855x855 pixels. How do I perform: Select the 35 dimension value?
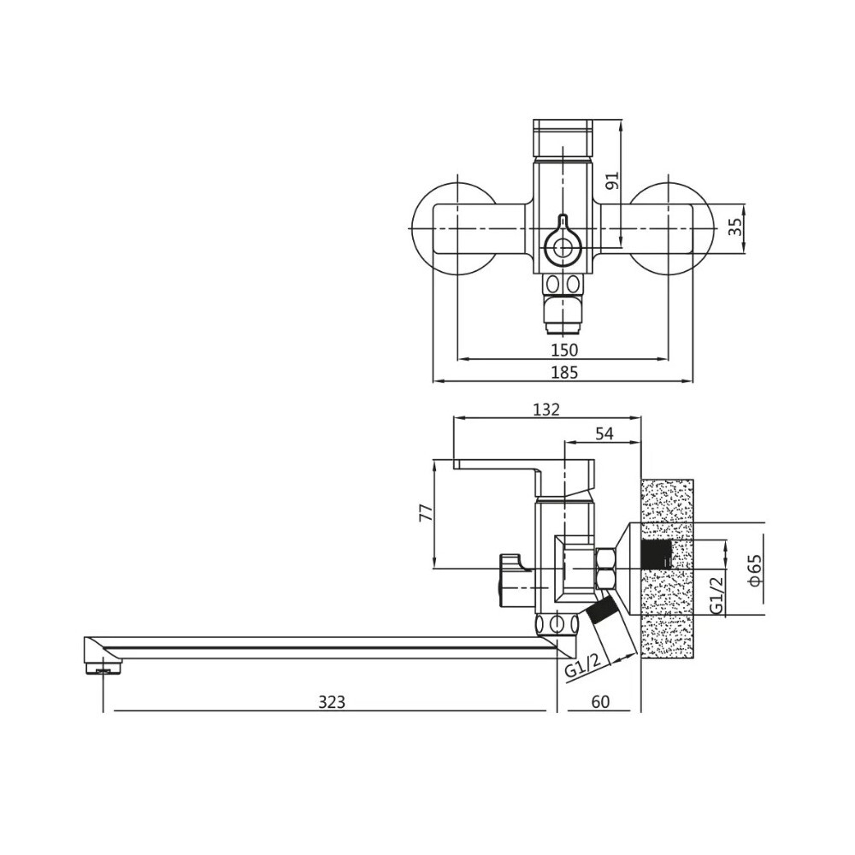coord(734,227)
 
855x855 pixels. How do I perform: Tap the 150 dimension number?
coord(564,350)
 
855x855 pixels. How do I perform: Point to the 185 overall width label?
coord(564,372)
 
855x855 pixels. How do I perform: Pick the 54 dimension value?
coord(604,434)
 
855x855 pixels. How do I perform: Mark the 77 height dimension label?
coord(425,513)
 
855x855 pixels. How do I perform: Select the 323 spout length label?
coord(331,702)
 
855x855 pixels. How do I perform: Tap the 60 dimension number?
coord(600,702)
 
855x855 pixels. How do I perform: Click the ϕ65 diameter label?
coord(753,569)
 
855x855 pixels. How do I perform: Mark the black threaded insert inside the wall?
coord(656,554)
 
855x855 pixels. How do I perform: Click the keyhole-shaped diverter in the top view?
coord(562,243)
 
